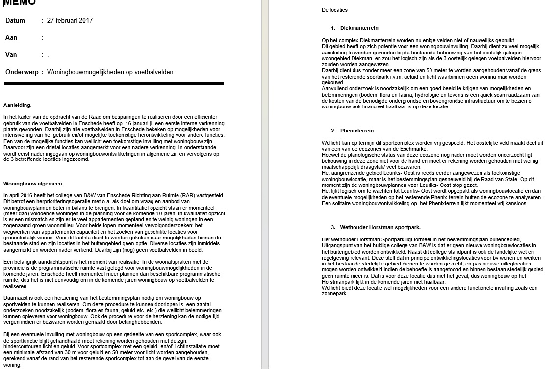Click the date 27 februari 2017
[x=70, y=21]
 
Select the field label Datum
[x=15, y=21]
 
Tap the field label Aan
[x=11, y=38]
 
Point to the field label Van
[x=11, y=55]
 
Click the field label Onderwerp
[x=22, y=72]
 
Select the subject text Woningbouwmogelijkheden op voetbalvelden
[x=110, y=72]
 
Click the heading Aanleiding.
[x=18, y=105]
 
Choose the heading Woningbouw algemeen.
[x=33, y=184]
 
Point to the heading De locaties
[x=334, y=10]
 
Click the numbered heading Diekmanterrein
[x=359, y=28]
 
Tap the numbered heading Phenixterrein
[x=356, y=131]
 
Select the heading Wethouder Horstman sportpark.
[x=380, y=227]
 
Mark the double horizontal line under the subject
[x=113, y=84]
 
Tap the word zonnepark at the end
[x=334, y=293]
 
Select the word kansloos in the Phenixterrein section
[x=516, y=203]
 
